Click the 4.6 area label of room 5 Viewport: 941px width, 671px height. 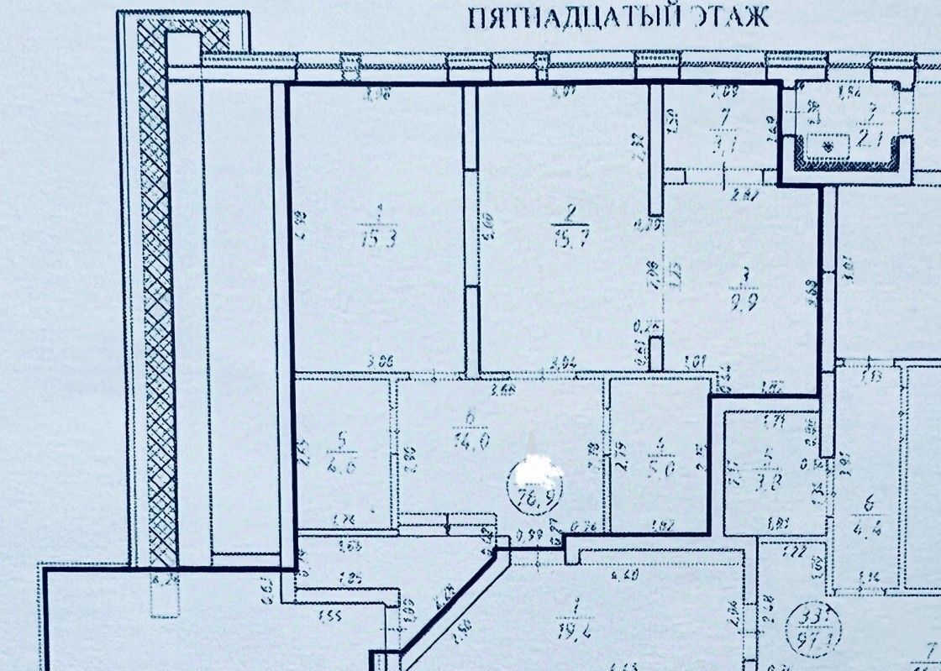click(x=342, y=469)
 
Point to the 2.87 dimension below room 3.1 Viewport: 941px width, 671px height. click(x=747, y=197)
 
